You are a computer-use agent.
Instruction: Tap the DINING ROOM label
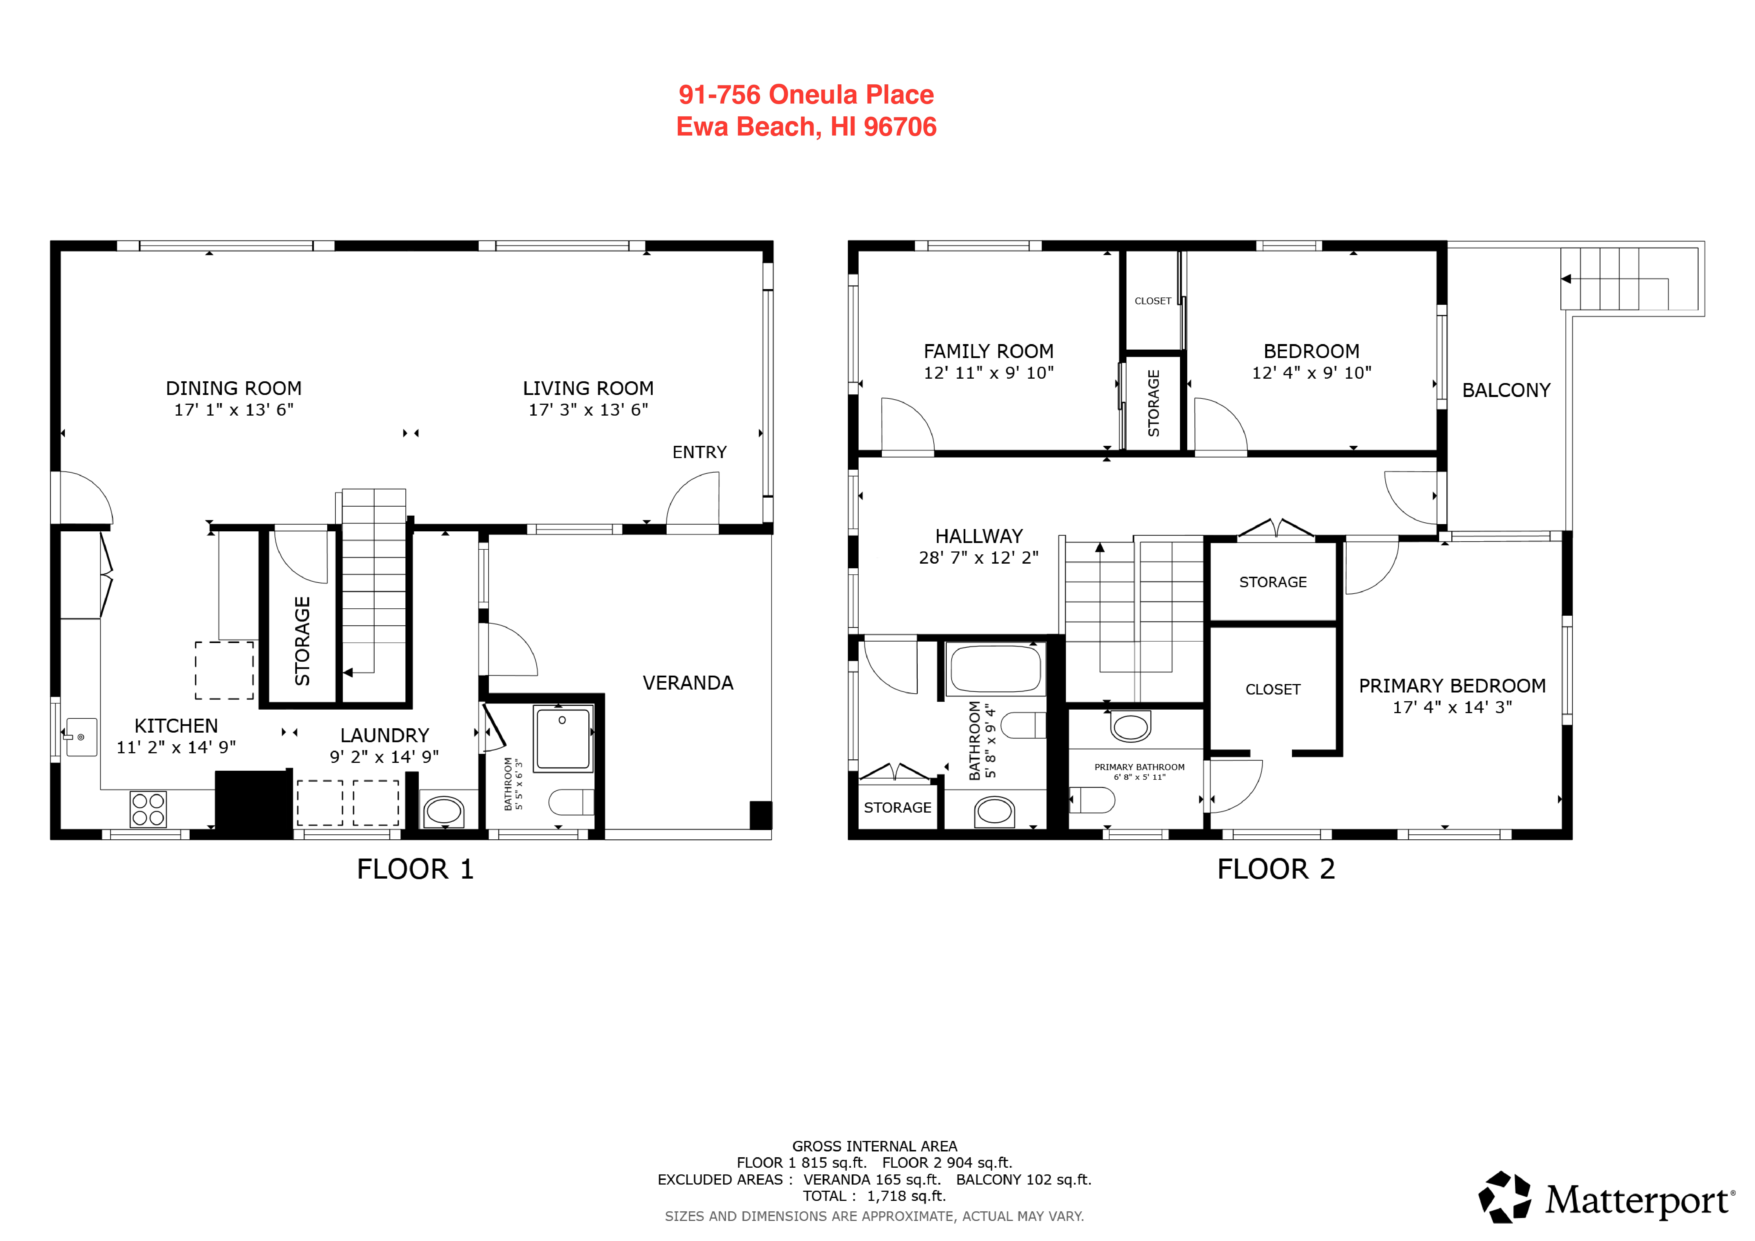pyautogui.click(x=234, y=388)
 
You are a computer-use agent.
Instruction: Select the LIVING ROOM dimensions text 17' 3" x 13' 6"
pyautogui.click(x=589, y=409)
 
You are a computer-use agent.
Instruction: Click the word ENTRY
pyautogui.click(x=699, y=452)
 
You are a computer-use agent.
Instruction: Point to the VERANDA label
pyautogui.click(x=688, y=683)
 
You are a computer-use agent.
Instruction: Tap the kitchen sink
pyautogui.click(x=81, y=737)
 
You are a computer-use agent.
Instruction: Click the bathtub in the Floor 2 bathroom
pyautogui.click(x=995, y=670)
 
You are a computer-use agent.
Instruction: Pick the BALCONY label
pyautogui.click(x=1506, y=391)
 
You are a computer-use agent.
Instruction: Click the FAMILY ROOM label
pyautogui.click(x=988, y=352)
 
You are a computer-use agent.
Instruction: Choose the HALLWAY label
pyautogui.click(x=979, y=536)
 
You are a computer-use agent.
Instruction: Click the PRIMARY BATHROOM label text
pyautogui.click(x=1139, y=767)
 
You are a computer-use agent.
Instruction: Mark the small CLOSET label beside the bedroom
pyautogui.click(x=1153, y=301)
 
